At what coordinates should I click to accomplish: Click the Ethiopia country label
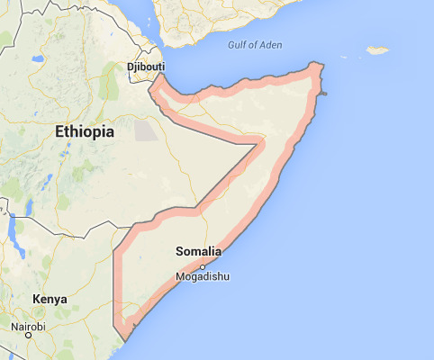pyautogui.click(x=85, y=131)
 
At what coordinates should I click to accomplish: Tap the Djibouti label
pyautogui.click(x=144, y=67)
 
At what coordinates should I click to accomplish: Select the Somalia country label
pyautogui.click(x=198, y=251)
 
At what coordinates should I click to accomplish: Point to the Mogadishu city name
pyautogui.click(x=203, y=277)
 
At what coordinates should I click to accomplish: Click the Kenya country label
pyautogui.click(x=49, y=299)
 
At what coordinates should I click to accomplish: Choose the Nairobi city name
pyautogui.click(x=28, y=326)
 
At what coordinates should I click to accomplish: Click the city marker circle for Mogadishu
pyautogui.click(x=203, y=266)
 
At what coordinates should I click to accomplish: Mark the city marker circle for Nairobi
pyautogui.click(x=29, y=336)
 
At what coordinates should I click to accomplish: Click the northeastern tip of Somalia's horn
pyautogui.click(x=318, y=67)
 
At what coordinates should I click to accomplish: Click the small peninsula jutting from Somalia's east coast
pyautogui.click(x=324, y=94)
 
